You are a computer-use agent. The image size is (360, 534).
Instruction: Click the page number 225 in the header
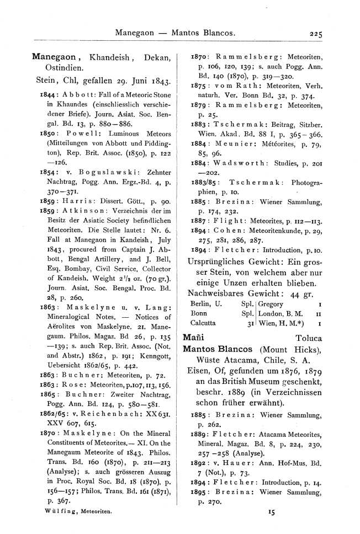coord(316,33)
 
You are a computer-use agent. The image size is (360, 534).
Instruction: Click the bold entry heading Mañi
coord(193,338)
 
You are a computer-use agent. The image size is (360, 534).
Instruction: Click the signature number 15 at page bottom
coord(271,512)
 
